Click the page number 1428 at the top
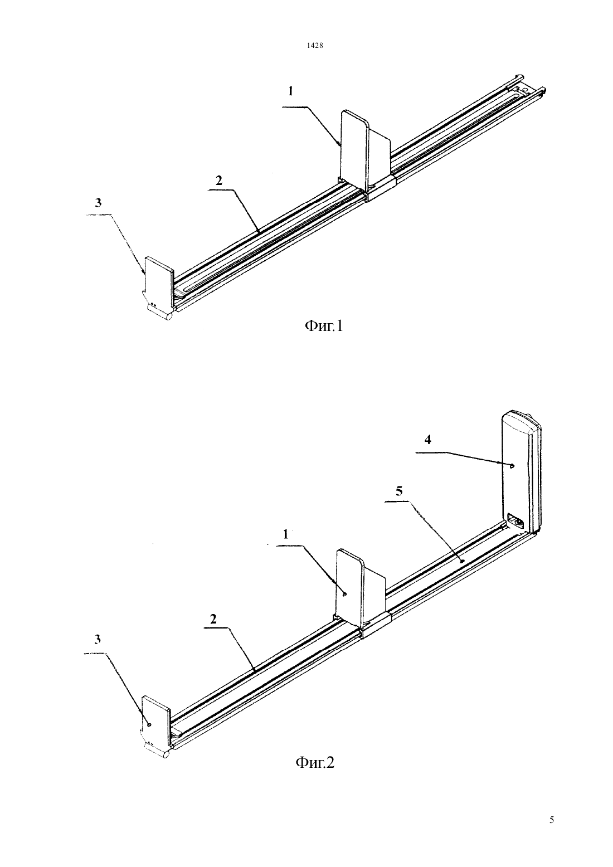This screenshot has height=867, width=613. [315, 46]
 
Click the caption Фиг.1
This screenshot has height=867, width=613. [324, 327]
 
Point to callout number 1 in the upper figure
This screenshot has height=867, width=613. [290, 91]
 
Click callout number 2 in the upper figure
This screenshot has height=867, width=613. [219, 181]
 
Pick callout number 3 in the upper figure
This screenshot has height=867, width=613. [98, 202]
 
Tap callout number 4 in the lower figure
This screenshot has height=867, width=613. [427, 440]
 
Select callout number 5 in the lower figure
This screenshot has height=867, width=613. [399, 491]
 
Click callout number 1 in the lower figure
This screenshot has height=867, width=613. [285, 534]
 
